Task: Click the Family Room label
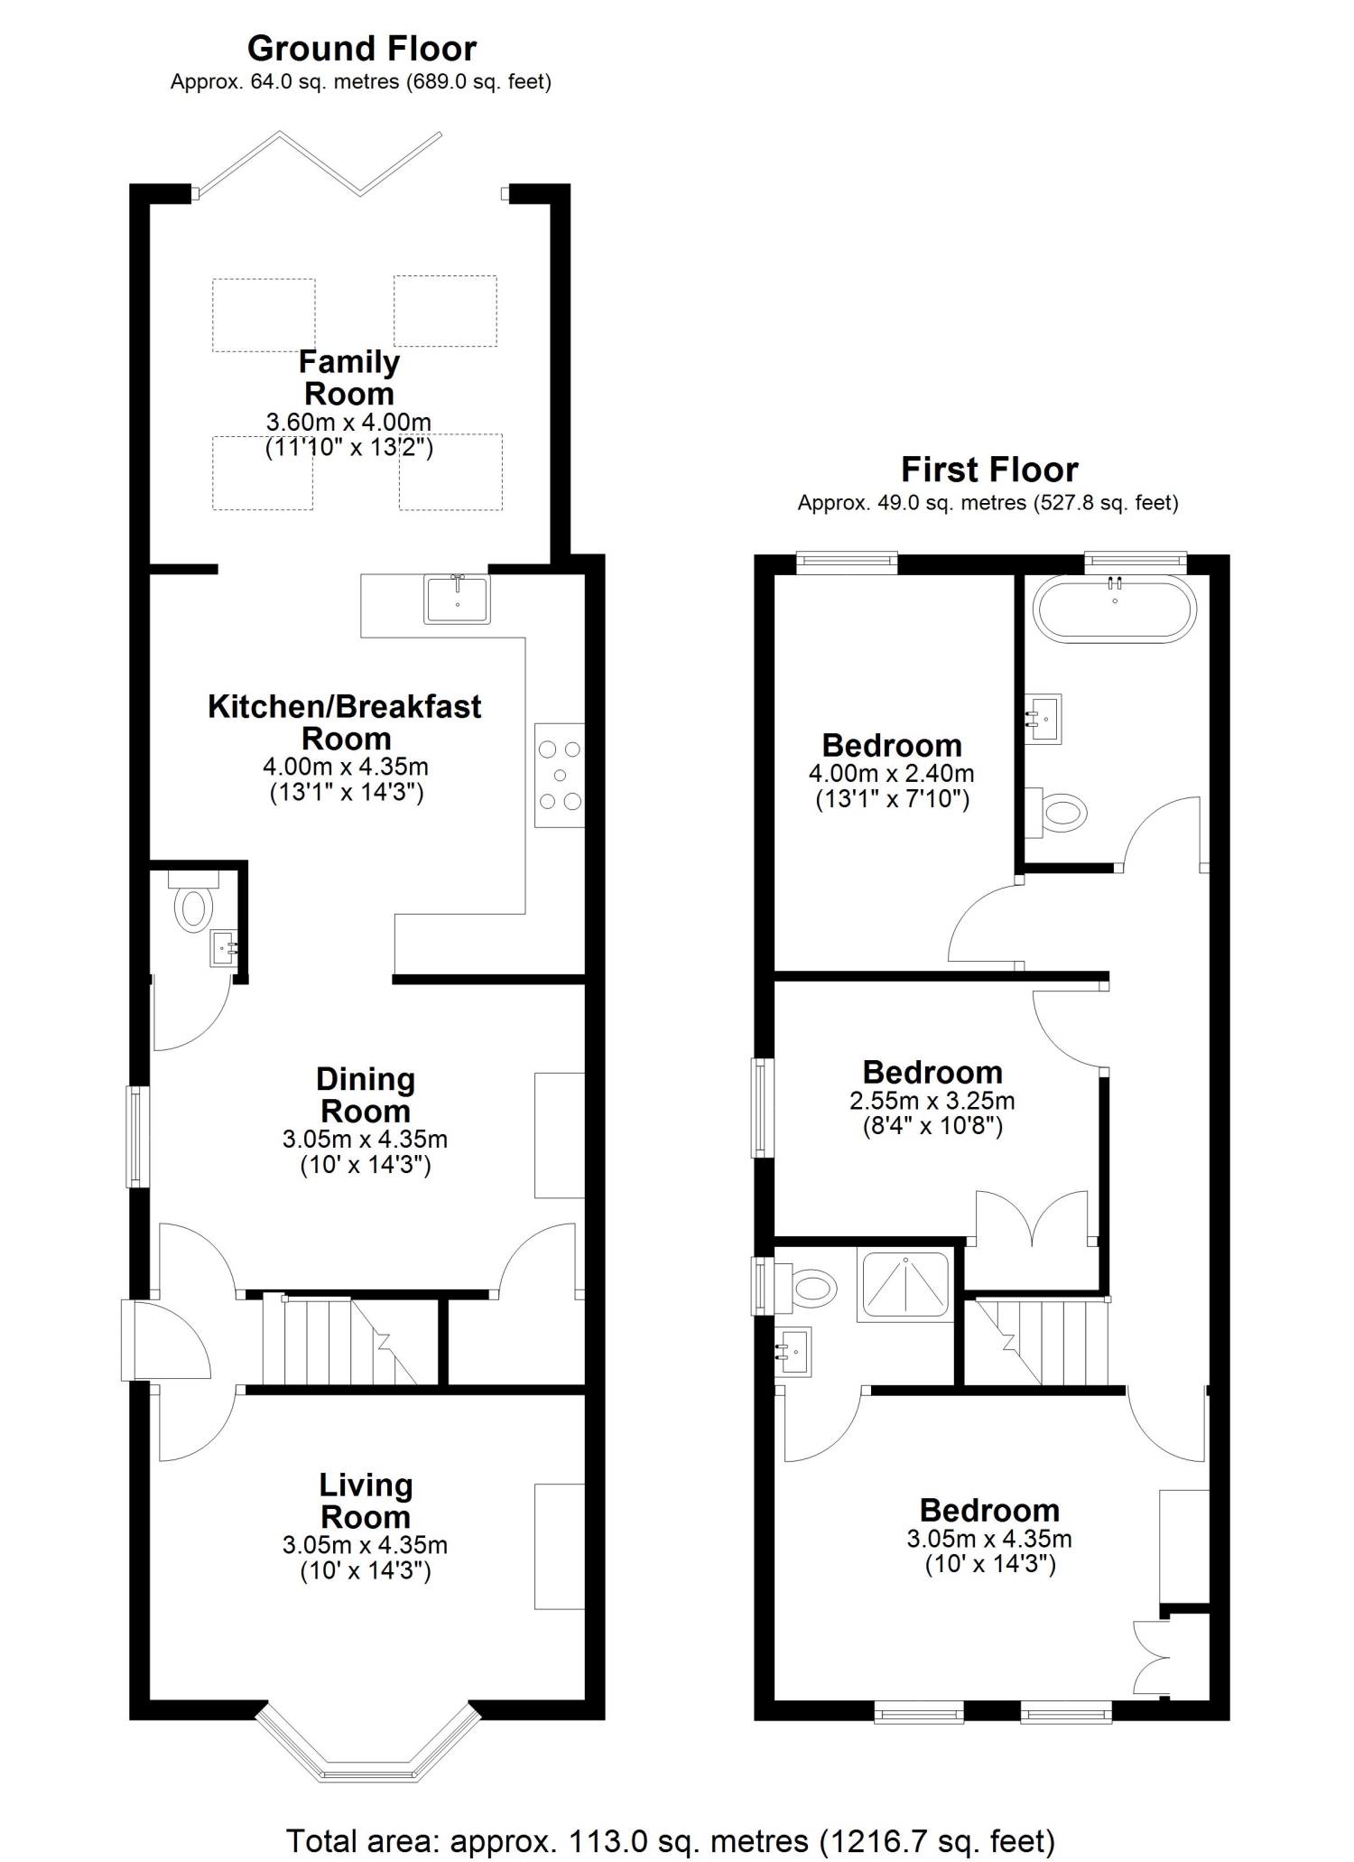coord(349,377)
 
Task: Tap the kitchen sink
coord(458,599)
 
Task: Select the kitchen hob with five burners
coord(560,775)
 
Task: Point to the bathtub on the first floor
coord(1115,608)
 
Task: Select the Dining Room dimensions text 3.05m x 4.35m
coord(365,1140)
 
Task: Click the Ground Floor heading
coord(362,48)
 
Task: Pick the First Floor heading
coord(989,470)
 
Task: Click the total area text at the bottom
coord(671,1840)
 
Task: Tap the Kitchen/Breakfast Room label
coord(345,722)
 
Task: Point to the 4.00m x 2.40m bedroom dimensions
coord(892,774)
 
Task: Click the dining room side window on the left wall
coord(136,1136)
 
